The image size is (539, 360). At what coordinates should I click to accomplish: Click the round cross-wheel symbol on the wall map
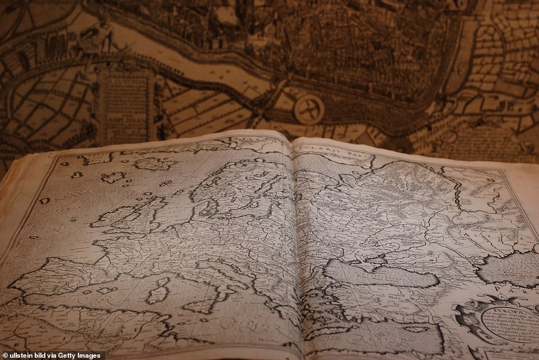point(309,109)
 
